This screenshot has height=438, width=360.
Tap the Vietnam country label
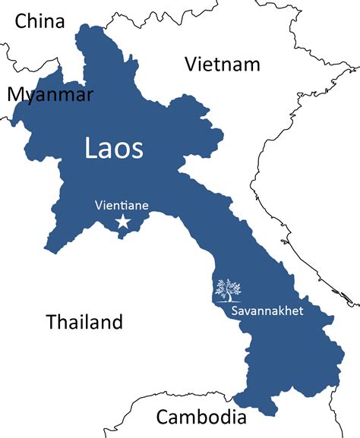(223, 65)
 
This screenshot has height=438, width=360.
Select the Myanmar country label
(50, 94)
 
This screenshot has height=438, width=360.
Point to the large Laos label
(113, 148)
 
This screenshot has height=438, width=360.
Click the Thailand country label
(84, 321)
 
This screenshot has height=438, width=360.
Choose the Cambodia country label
(201, 417)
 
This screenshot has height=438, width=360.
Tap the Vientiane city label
(122, 204)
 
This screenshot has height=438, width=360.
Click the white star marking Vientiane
(122, 221)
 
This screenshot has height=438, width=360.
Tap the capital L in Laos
(90, 148)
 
